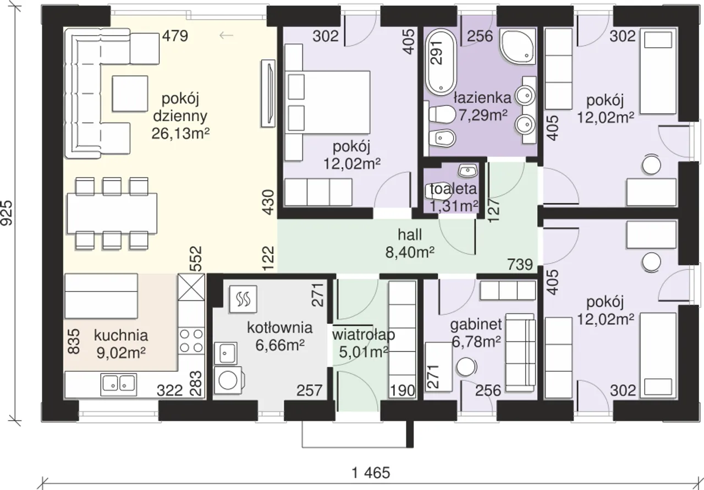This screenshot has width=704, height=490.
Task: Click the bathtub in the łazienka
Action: pos(441,63)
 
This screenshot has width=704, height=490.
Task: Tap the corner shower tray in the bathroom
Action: pos(517,47)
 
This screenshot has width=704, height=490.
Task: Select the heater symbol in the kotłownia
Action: pos(243,299)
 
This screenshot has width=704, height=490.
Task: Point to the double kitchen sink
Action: pos(118,385)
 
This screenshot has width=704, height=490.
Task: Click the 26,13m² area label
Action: pos(181,133)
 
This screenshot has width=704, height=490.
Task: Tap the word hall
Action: pos(410,235)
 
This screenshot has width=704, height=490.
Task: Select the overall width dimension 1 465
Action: pos(371,473)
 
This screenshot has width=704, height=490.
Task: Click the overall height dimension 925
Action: pos(7,213)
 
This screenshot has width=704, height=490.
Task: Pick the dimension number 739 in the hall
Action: pos(520,264)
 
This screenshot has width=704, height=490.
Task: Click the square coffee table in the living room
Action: pos(130,94)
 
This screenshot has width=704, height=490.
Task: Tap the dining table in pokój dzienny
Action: pos(112,213)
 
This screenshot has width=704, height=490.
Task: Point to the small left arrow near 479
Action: pos(226,36)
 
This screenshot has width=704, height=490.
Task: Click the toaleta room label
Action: pos(454,189)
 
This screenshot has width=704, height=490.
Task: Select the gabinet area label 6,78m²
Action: pos(476,341)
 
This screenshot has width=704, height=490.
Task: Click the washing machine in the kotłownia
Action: pos(228,380)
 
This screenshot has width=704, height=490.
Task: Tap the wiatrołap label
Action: pos(364,335)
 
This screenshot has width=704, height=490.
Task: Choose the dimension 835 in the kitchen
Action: pos(74,341)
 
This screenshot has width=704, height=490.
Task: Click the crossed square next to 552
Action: pos(191,287)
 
